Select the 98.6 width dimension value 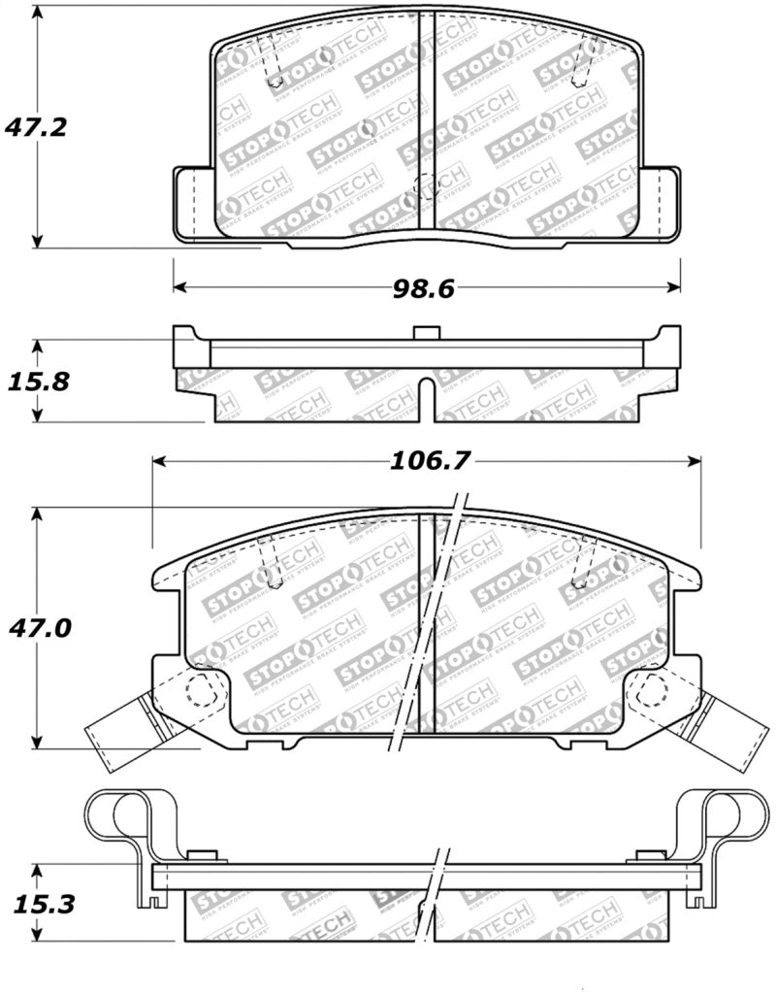pos(425,287)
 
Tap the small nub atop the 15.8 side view pos(421,333)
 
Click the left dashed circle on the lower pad pos(201,690)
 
